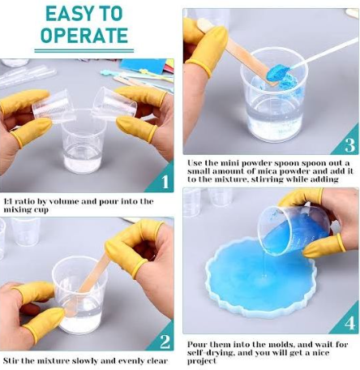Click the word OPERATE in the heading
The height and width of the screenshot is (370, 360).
click(84, 36)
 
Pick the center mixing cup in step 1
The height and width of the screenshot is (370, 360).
click(83, 146)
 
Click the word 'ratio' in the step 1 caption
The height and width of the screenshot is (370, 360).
click(28, 200)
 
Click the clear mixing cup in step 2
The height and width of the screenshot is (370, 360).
click(77, 300)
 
